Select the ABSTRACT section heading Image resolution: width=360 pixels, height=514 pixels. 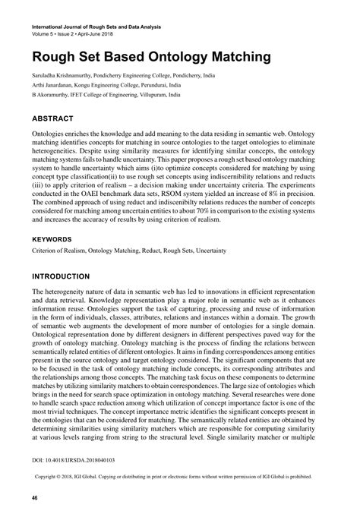(52, 119)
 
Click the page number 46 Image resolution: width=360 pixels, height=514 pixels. (35, 497)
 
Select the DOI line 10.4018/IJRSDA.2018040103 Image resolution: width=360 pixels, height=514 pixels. (76, 460)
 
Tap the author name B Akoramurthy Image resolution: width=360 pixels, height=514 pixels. (52, 96)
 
